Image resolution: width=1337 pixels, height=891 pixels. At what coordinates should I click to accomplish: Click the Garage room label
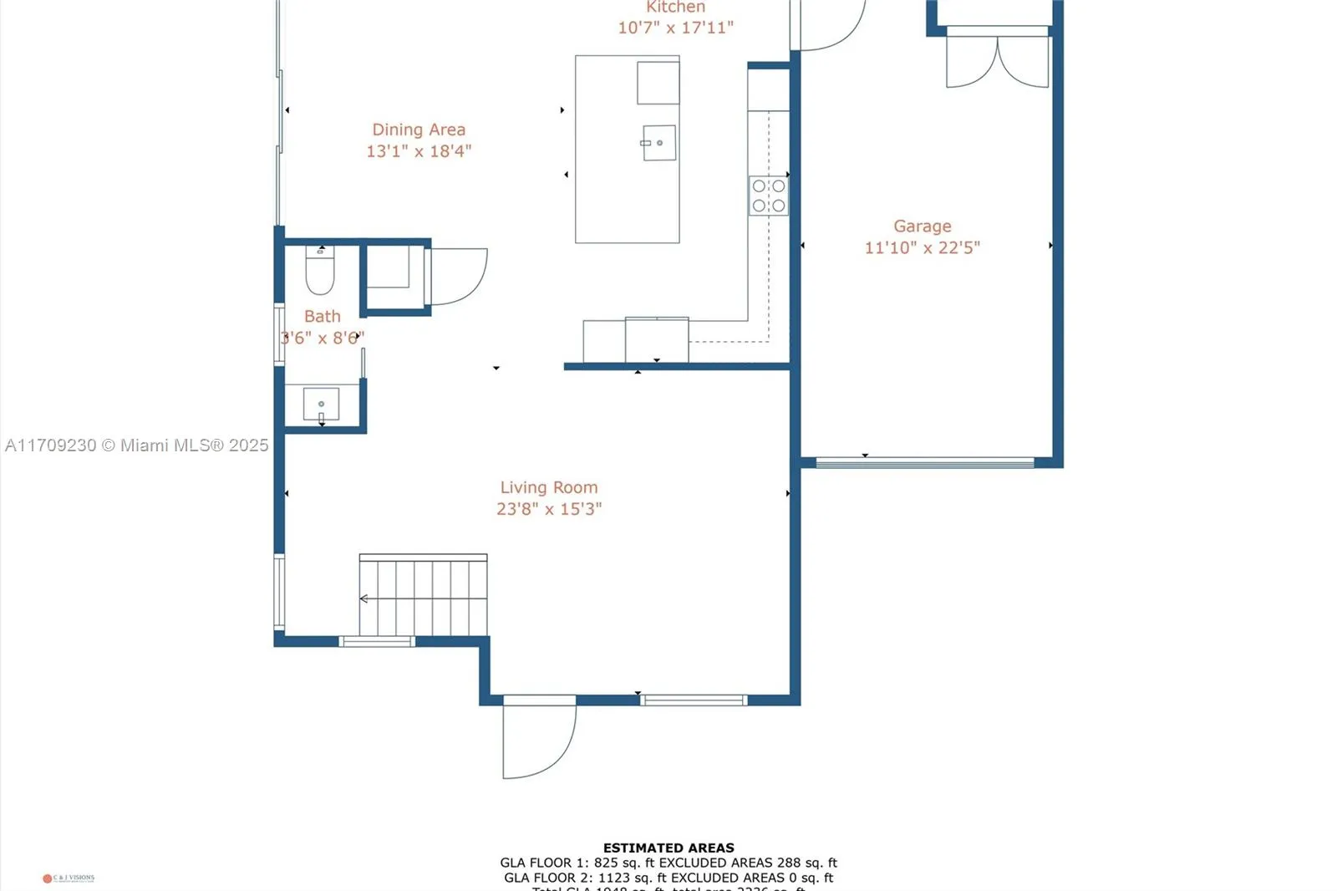(922, 226)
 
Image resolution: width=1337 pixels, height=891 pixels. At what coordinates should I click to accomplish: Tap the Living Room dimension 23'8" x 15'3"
(549, 508)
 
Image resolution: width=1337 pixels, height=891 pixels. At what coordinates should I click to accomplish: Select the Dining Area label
(419, 130)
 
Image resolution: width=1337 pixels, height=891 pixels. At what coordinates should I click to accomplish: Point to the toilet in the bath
(319, 272)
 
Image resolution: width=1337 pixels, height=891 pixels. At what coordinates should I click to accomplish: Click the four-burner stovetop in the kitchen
(768, 196)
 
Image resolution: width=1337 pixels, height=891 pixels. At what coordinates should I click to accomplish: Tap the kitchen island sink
(658, 143)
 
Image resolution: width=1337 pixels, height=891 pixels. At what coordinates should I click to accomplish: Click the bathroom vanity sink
(321, 405)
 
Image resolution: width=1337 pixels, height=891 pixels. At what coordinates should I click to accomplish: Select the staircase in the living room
(424, 597)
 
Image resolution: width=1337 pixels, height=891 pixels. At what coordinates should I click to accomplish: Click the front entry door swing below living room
(536, 740)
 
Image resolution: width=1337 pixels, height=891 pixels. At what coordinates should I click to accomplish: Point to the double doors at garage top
(997, 60)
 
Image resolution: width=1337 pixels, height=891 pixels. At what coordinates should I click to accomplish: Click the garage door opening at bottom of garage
(924, 462)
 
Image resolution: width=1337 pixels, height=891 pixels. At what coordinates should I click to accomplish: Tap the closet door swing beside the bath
(458, 276)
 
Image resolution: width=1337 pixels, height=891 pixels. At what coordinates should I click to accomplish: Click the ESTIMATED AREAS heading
(668, 848)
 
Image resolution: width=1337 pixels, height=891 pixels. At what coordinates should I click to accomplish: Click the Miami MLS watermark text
(137, 445)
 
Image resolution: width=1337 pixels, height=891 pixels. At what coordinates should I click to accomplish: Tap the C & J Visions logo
(69, 878)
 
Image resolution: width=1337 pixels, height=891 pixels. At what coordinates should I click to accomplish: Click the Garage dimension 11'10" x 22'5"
(922, 247)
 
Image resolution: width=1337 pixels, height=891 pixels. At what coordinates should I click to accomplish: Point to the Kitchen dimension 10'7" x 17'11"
(675, 28)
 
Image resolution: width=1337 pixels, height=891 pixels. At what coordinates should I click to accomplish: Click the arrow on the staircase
(364, 598)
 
